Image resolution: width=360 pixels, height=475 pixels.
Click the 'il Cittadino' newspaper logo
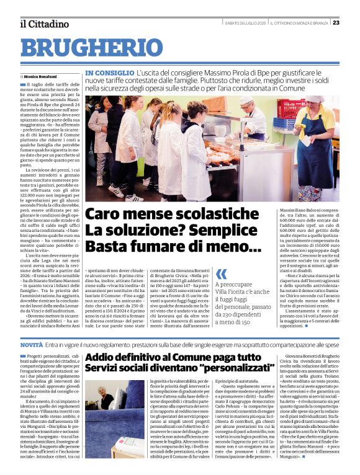pyautogui.click(x=44, y=24)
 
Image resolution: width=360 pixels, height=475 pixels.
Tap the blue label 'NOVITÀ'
pyautogui.click(x=32, y=344)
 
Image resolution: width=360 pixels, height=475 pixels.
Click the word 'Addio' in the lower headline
pyautogui.click(x=106, y=358)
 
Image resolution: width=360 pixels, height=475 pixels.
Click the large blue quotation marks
pyautogui.click(x=221, y=274)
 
